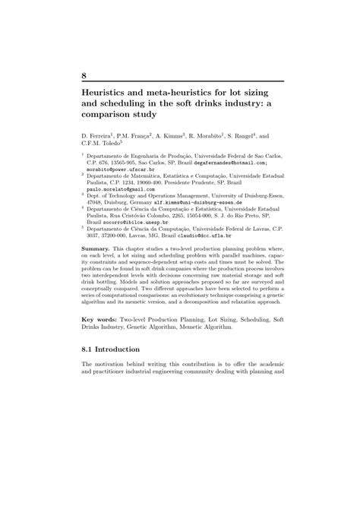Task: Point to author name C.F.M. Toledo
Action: click(99, 147)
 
